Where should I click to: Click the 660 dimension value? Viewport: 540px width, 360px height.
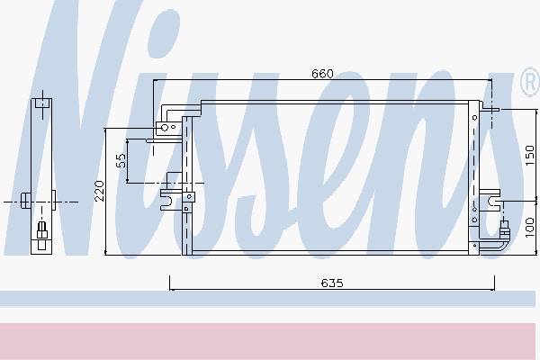tap(322, 74)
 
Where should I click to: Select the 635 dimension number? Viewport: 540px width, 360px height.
tap(332, 283)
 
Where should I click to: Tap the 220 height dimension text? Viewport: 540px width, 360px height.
tap(99, 191)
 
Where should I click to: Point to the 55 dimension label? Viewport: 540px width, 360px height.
tap(121, 160)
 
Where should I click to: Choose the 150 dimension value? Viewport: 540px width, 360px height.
tap(530, 155)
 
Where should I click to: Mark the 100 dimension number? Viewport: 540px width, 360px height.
tap(530, 228)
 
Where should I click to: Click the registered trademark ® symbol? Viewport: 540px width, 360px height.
tap(530, 82)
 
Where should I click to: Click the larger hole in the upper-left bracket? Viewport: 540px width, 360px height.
tap(165, 128)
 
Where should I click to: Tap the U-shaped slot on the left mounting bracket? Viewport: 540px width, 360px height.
tap(167, 201)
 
